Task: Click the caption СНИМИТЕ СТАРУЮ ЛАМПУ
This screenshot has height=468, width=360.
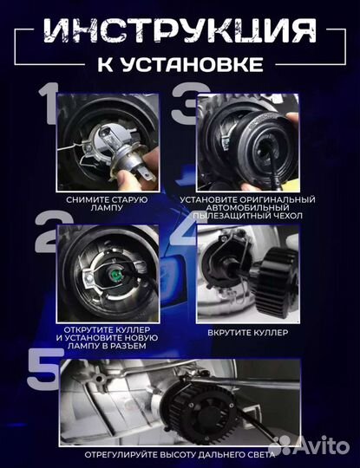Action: pos(106,204)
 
